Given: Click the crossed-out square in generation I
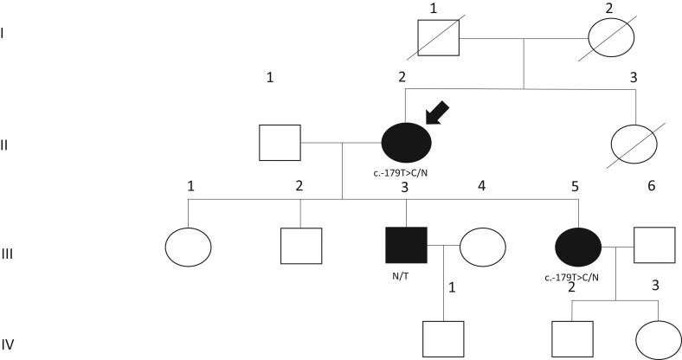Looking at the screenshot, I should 438,38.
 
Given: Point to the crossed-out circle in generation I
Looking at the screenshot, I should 611,37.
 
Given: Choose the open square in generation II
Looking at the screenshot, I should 280,143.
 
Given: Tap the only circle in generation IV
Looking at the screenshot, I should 657,339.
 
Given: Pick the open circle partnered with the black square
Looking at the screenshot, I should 482,247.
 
